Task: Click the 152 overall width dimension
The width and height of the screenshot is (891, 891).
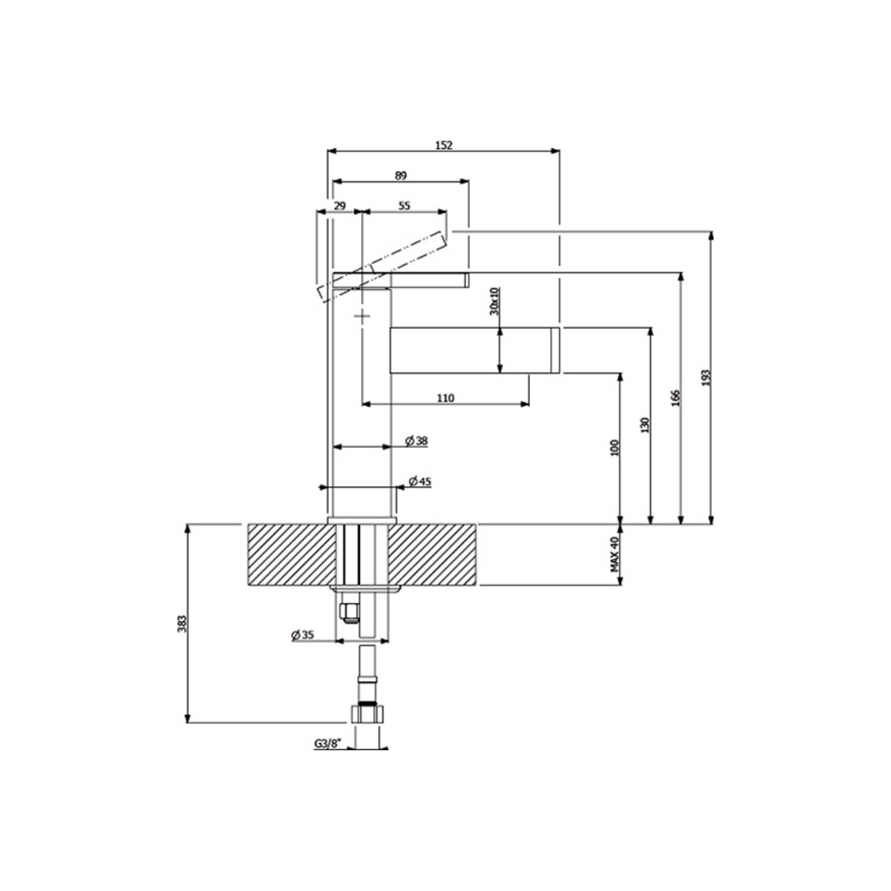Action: click(x=444, y=145)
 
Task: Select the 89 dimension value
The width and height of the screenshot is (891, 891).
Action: click(x=401, y=176)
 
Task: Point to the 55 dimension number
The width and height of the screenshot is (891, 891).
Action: click(x=404, y=206)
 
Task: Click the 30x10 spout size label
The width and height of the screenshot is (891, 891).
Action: click(x=494, y=301)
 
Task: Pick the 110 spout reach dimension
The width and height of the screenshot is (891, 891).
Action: click(x=445, y=397)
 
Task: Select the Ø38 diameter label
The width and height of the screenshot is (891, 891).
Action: click(x=416, y=441)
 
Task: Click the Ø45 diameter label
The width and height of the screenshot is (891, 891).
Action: click(x=420, y=482)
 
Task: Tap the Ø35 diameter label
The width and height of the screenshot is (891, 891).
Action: click(x=303, y=635)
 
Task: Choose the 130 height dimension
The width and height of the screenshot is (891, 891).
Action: click(x=645, y=425)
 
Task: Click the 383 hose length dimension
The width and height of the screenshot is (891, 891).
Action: click(x=182, y=623)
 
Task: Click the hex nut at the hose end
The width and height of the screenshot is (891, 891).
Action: click(x=367, y=727)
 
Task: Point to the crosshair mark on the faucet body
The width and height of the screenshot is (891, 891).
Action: click(x=362, y=316)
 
